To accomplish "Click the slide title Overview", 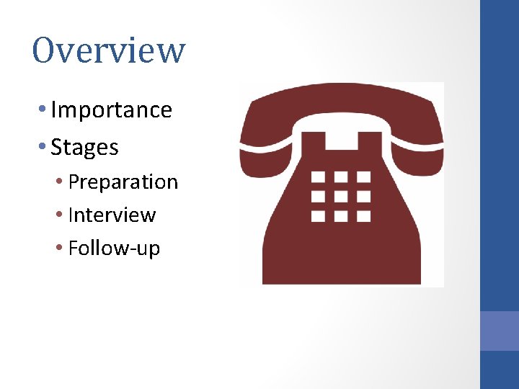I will pyautogui.click(x=109, y=50).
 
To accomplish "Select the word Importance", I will pyautogui.click(x=112, y=110).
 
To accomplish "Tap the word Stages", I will pyautogui.click(x=84, y=148).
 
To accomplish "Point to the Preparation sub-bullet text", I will pyautogui.click(x=123, y=182).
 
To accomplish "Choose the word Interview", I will pyautogui.click(x=112, y=215).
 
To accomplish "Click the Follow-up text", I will pyautogui.click(x=114, y=249).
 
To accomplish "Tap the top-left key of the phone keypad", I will pyautogui.click(x=318, y=176).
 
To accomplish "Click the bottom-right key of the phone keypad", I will pyautogui.click(x=364, y=215).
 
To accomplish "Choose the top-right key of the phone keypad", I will pyautogui.click(x=364, y=176).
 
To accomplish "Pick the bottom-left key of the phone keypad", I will pyautogui.click(x=318, y=215).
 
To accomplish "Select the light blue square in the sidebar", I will pyautogui.click(x=500, y=331).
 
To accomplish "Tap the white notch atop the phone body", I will pyautogui.click(x=341, y=142).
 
